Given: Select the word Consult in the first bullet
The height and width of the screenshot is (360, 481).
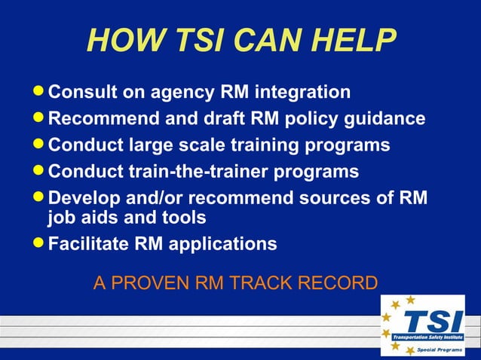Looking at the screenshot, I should [82, 93].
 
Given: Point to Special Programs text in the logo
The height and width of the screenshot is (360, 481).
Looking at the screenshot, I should [440, 350].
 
